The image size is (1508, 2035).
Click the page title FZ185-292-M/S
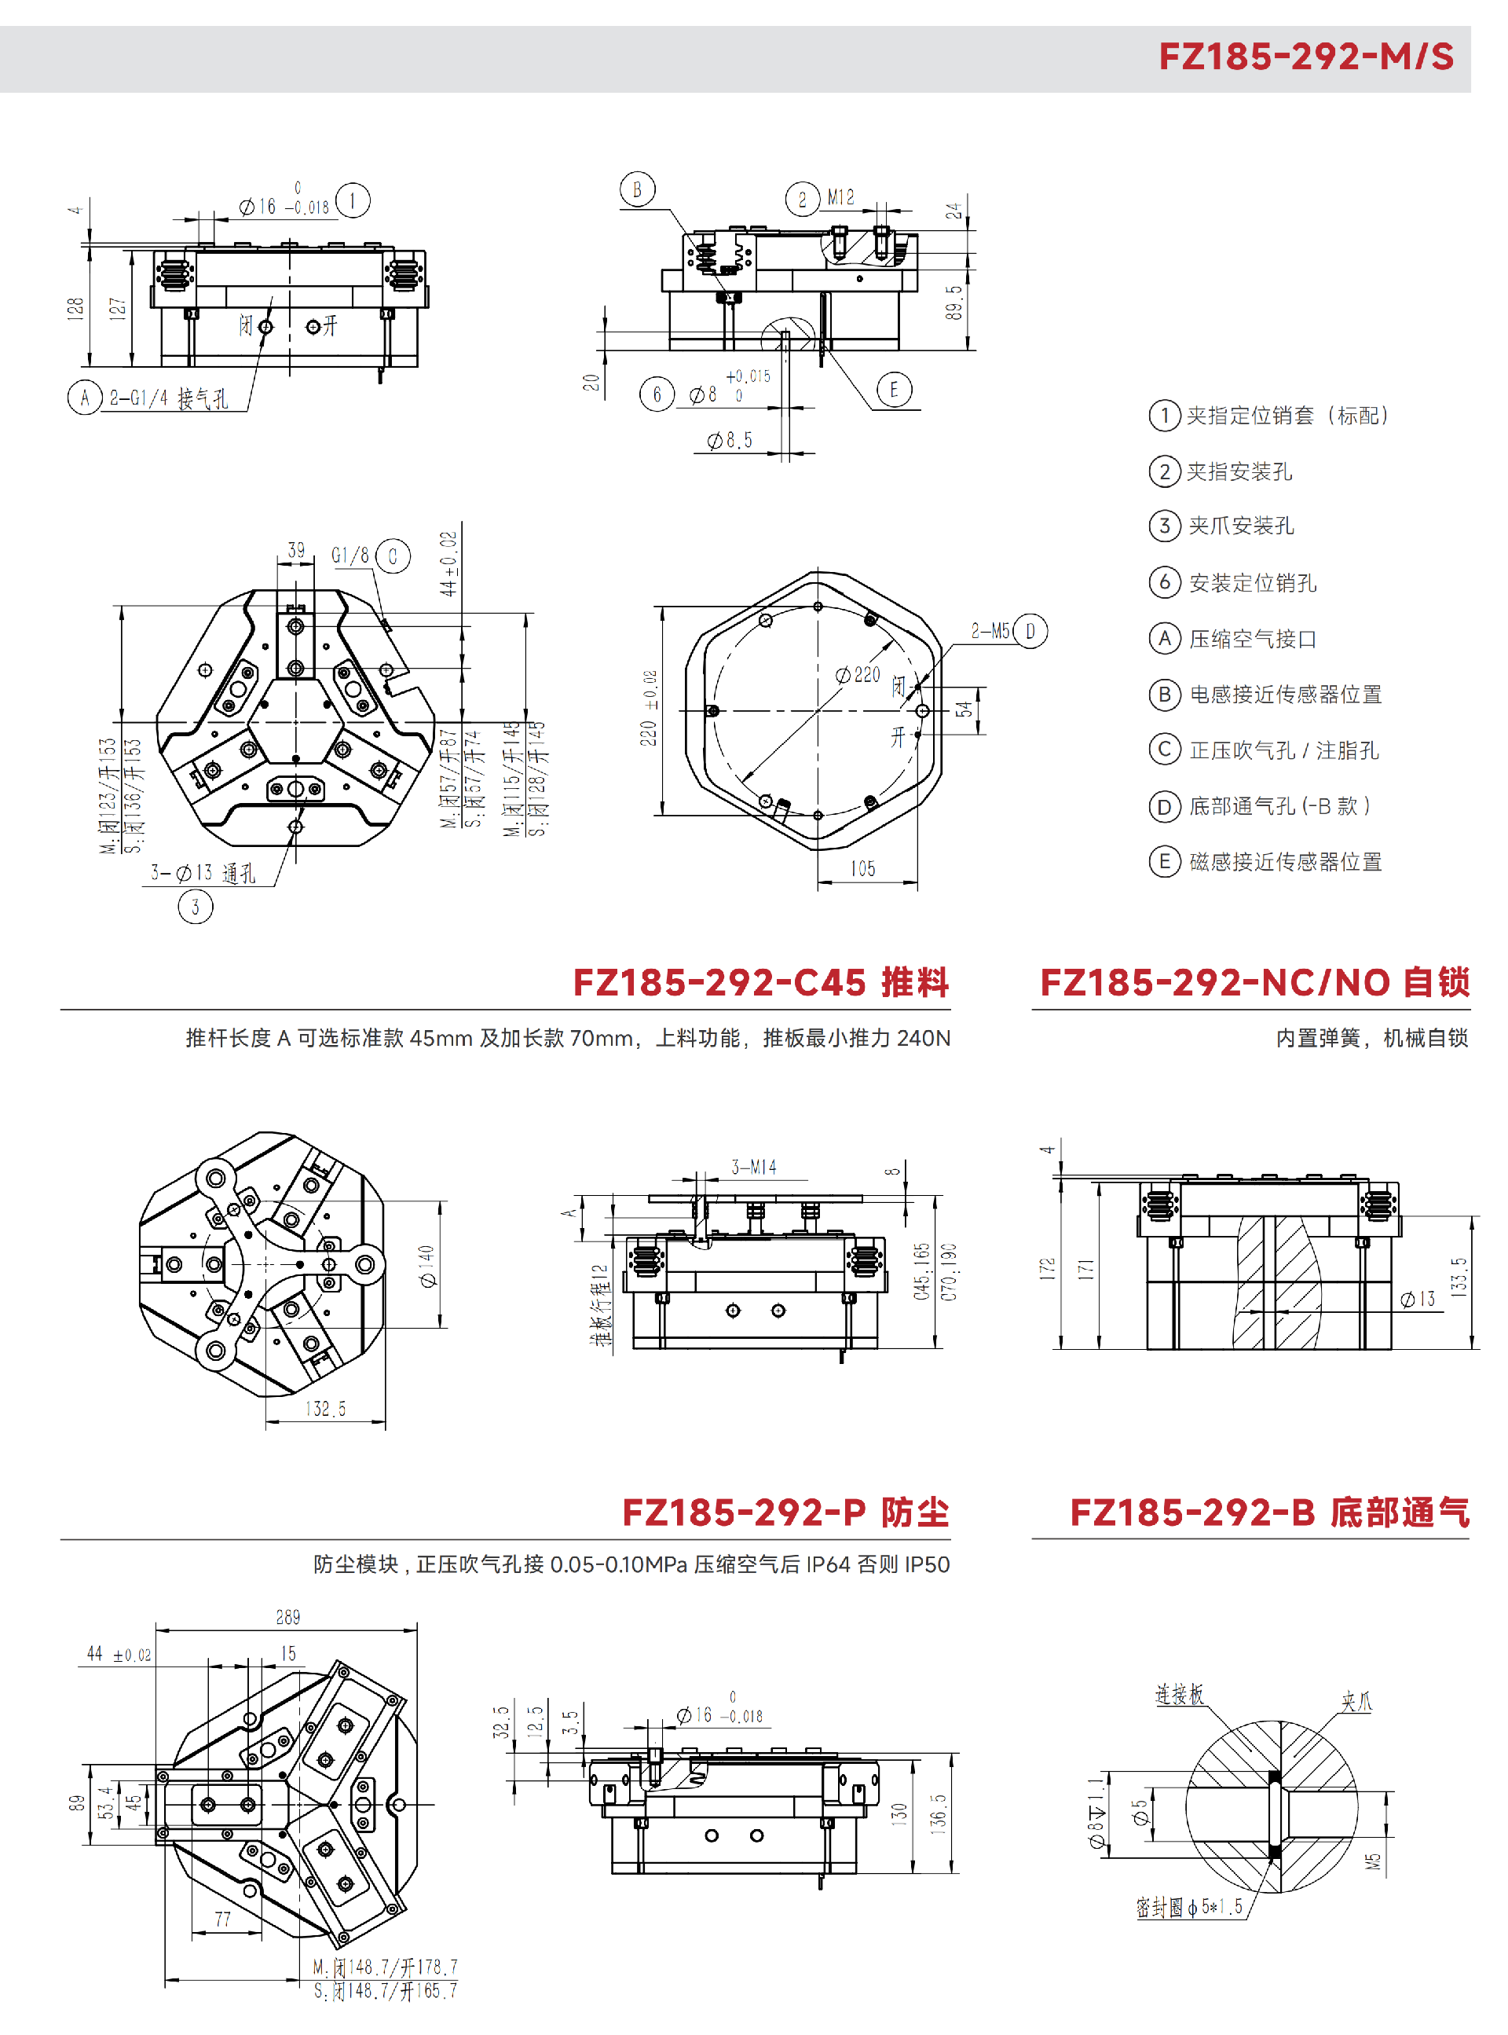(1305, 57)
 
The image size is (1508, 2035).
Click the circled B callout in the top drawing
(637, 190)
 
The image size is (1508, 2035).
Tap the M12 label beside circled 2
(840, 197)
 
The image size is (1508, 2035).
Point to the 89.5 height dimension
(954, 302)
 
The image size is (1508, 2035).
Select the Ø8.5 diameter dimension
(730, 441)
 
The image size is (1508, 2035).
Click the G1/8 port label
(350, 555)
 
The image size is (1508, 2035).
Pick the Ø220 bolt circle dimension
(858, 676)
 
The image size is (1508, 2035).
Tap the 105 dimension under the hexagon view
(862, 868)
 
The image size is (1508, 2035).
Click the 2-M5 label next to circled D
(990, 631)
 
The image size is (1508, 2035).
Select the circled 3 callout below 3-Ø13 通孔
(196, 907)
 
